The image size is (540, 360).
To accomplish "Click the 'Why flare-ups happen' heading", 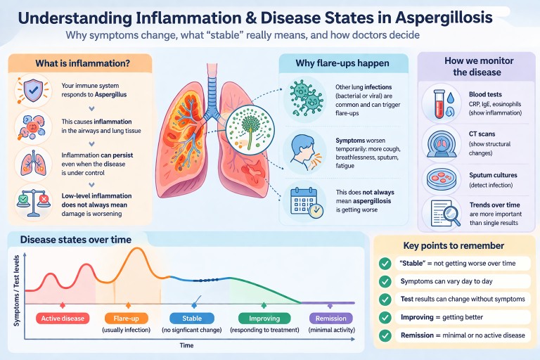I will pyautogui.click(x=342, y=64).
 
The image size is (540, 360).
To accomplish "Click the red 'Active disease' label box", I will pyautogui.click(x=63, y=318).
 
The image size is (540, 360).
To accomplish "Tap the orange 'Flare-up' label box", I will pyautogui.click(x=127, y=318).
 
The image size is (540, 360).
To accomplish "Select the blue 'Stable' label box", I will pyautogui.click(x=192, y=318).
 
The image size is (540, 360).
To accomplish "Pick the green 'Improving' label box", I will pyautogui.click(x=264, y=318).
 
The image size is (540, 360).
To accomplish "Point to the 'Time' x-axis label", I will pyautogui.click(x=186, y=345).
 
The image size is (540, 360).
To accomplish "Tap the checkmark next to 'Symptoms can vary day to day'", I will pyautogui.click(x=385, y=281).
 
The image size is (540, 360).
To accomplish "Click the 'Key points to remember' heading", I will pyautogui.click(x=454, y=245).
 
